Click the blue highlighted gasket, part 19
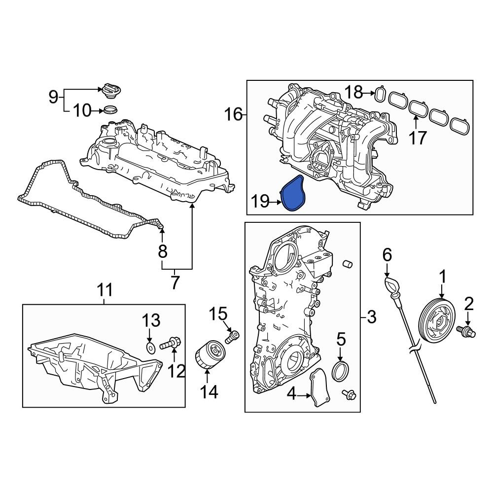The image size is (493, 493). [292, 192]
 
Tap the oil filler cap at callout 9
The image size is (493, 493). [111, 91]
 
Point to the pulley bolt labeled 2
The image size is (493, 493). [466, 331]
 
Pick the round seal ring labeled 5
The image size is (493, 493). [341, 371]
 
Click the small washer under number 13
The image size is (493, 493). [151, 348]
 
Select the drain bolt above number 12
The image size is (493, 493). [171, 344]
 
